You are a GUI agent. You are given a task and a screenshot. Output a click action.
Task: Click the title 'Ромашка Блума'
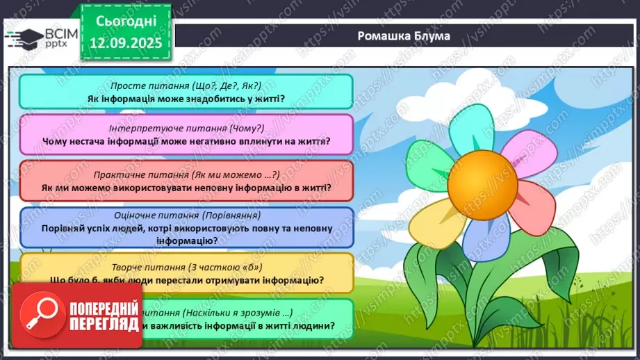pyautogui.click(x=404, y=36)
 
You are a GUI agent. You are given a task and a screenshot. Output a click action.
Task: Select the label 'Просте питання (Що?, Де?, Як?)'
pyautogui.click(x=186, y=85)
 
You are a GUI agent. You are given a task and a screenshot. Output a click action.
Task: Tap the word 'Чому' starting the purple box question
pyautogui.click(x=56, y=142)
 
